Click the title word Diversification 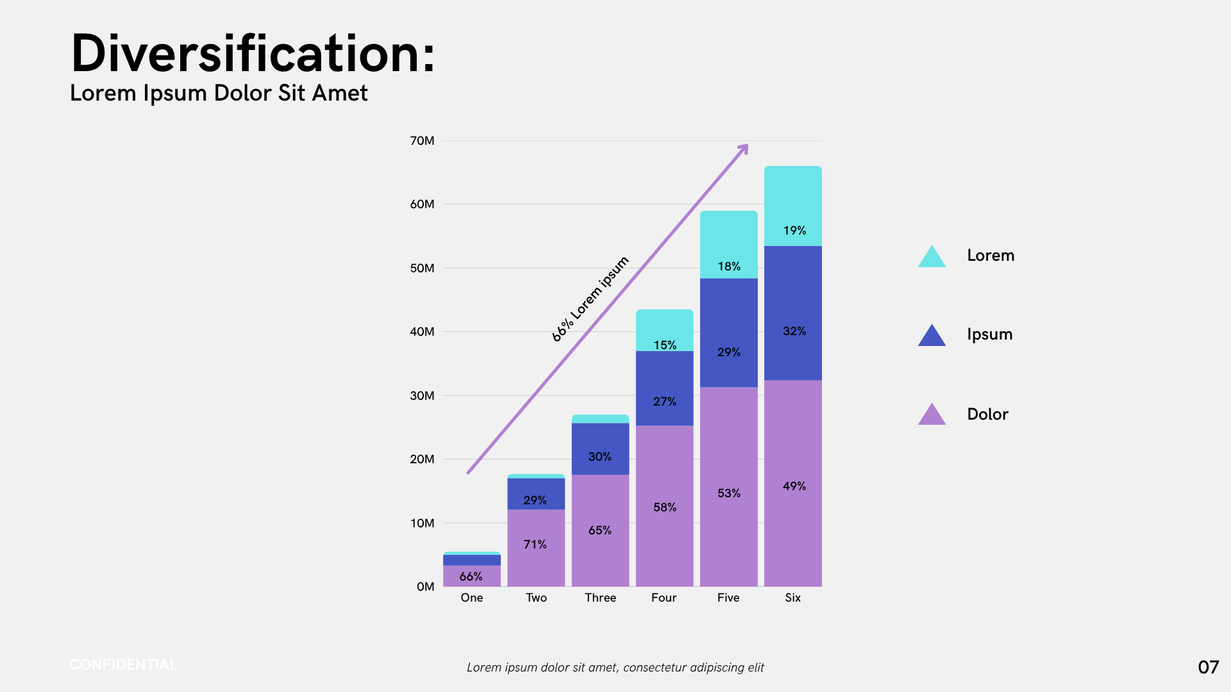click(253, 54)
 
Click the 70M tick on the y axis click(422, 141)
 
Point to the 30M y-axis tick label click(422, 396)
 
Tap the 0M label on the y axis click(425, 587)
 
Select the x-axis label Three click(600, 598)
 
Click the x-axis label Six click(792, 598)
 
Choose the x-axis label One click(472, 598)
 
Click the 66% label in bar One click(471, 577)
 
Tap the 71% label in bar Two click(535, 545)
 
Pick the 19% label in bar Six click(794, 231)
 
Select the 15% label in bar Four click(665, 345)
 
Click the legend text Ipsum click(989, 334)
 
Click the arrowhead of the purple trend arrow click(743, 149)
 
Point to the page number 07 click(1208, 668)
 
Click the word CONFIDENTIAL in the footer click(123, 665)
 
